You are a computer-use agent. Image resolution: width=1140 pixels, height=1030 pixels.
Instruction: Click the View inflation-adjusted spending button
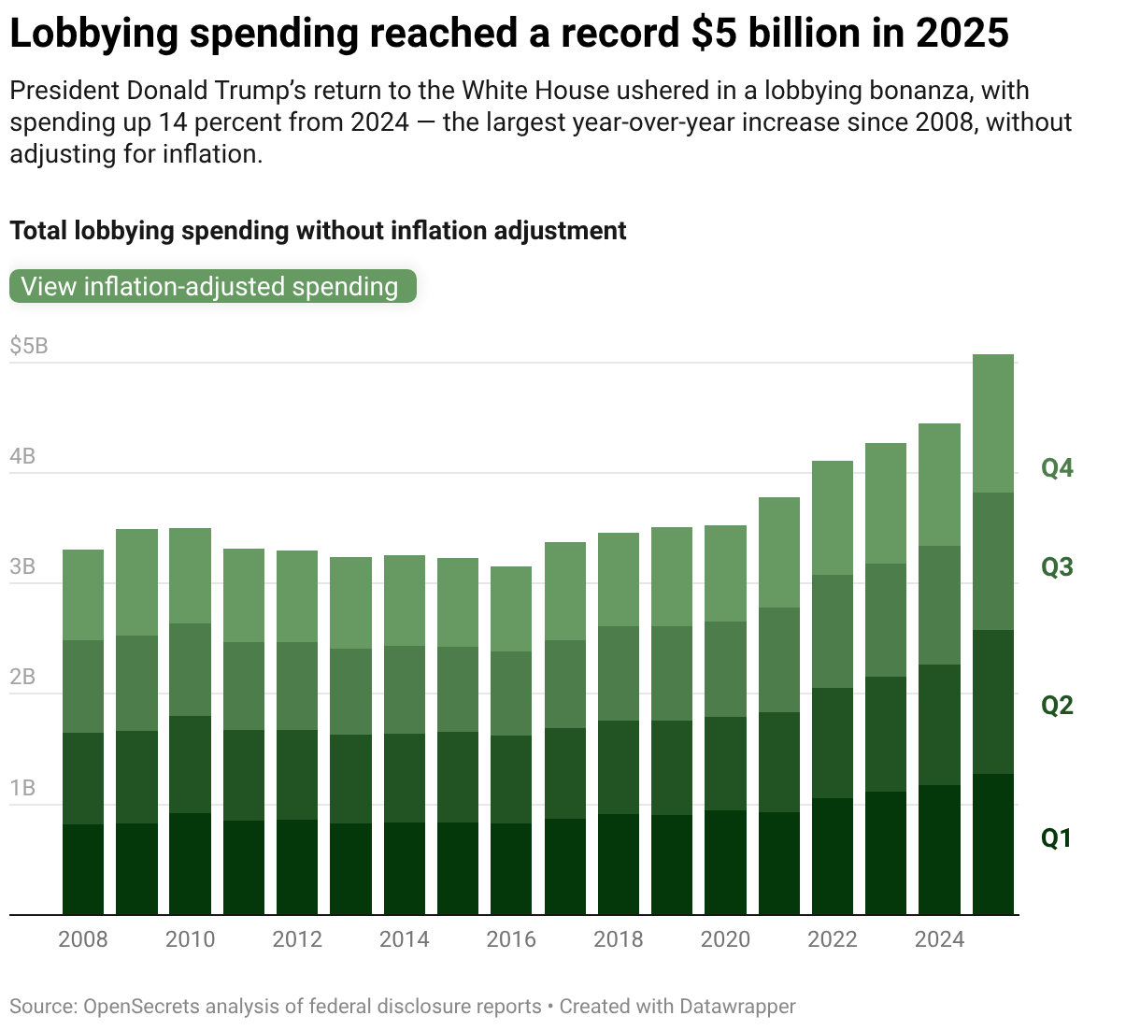(x=212, y=286)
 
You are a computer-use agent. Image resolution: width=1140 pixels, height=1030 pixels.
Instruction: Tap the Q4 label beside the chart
(x=1057, y=468)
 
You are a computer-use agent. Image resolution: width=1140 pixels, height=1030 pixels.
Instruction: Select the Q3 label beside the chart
(x=1057, y=567)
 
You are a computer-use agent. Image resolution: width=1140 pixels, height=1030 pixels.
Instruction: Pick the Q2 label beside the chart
(x=1057, y=706)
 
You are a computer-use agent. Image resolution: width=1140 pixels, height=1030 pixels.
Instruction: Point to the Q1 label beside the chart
(x=1057, y=838)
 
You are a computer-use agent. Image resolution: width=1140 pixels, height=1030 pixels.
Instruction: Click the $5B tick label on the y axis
(x=29, y=347)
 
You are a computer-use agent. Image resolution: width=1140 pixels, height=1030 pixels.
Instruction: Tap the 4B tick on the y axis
(x=23, y=457)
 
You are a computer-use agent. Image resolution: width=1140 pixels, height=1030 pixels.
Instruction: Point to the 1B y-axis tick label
(x=23, y=788)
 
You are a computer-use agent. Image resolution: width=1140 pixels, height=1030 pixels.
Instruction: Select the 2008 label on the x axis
(x=83, y=939)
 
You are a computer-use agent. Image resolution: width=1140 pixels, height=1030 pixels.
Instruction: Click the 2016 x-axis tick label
(x=511, y=939)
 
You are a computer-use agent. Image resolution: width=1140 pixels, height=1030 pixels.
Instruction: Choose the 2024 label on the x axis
(x=939, y=939)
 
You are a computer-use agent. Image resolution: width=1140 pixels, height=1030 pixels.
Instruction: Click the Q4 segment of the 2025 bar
(x=993, y=423)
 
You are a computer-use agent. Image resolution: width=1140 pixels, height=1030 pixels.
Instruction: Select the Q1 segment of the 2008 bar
(x=83, y=869)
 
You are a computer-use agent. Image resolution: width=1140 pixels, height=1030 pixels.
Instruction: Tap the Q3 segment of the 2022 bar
(x=833, y=631)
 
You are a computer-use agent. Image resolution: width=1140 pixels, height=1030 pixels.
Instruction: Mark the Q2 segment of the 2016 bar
(x=511, y=780)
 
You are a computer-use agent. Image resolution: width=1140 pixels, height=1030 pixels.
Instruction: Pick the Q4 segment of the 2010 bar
(x=190, y=576)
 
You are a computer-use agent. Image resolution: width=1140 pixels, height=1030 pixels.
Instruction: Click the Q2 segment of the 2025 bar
(x=993, y=702)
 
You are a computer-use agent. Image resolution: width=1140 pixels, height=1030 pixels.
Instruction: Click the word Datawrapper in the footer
(x=737, y=1007)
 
